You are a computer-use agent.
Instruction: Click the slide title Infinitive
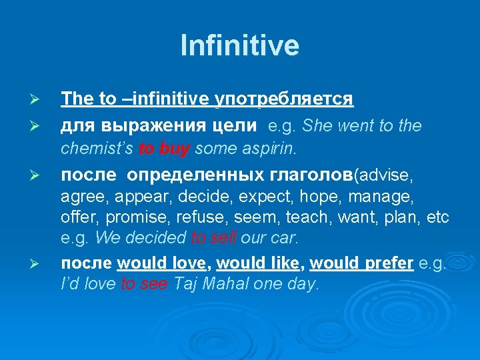240,46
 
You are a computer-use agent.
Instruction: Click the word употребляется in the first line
283,99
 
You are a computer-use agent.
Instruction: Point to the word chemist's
98,148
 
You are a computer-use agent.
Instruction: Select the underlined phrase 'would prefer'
362,263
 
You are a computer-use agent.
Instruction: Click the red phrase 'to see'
145,284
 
